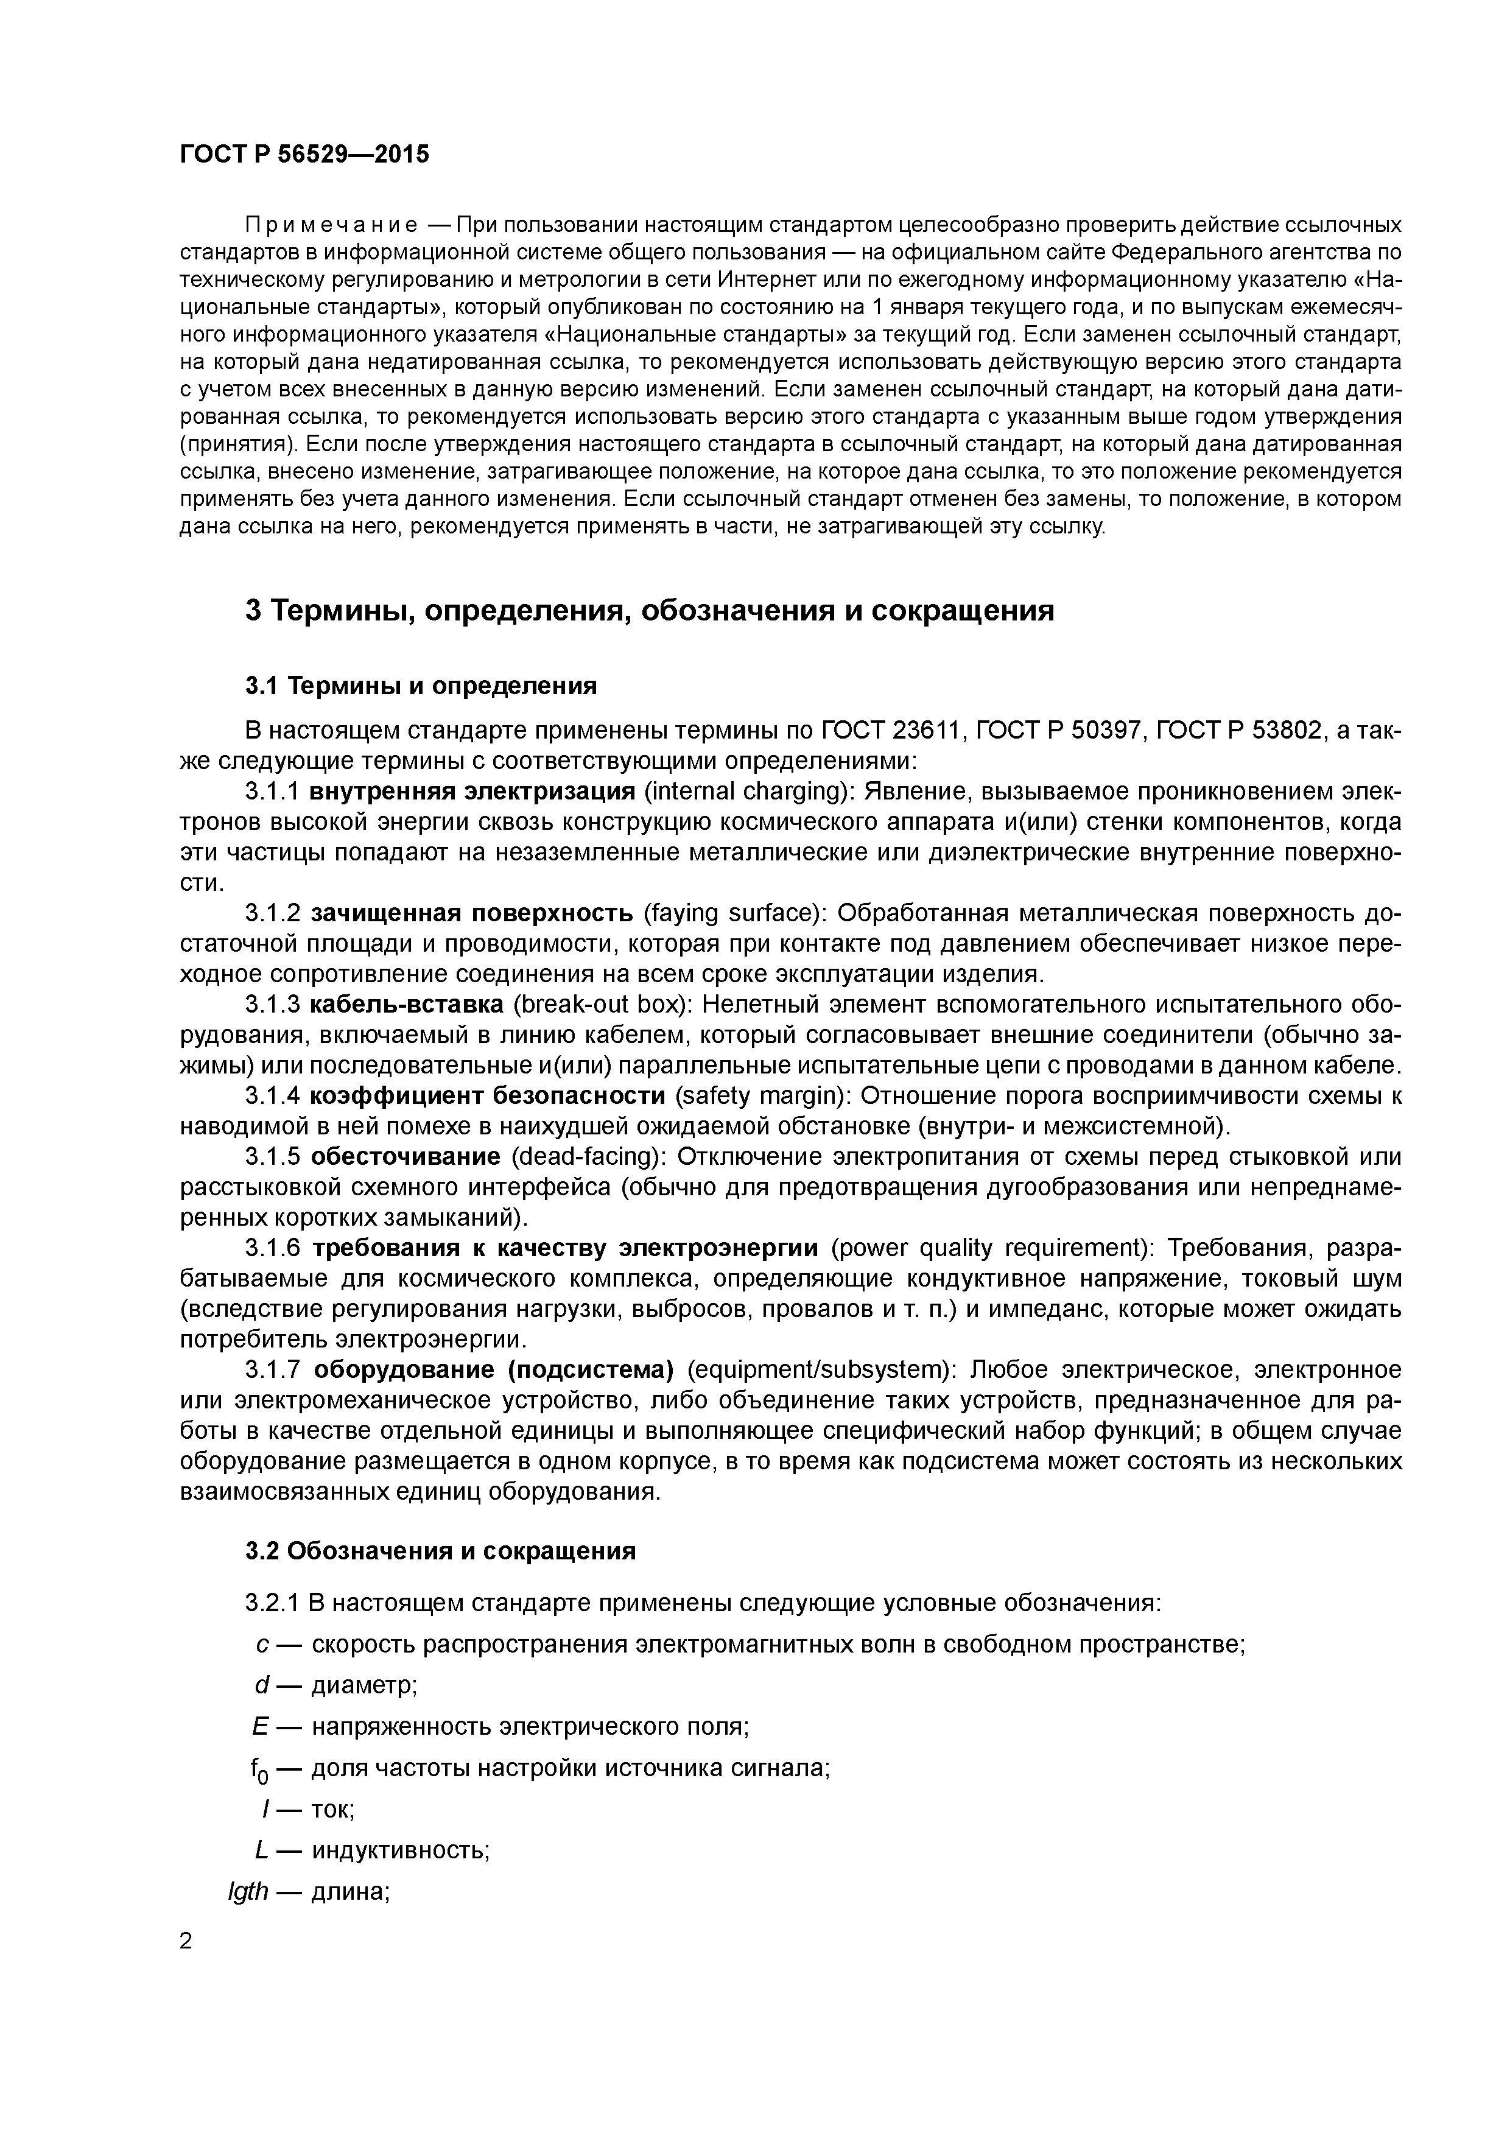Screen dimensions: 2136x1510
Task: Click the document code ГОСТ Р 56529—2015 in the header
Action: pyautogui.click(x=304, y=155)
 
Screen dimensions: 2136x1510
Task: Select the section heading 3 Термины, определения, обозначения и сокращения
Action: pyautogui.click(x=650, y=611)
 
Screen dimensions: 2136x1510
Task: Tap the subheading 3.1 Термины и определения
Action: pyautogui.click(x=421, y=687)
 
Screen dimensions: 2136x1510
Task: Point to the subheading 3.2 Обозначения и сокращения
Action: pyautogui.click(x=440, y=1551)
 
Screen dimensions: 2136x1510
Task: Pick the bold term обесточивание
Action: pyautogui.click(x=406, y=1156)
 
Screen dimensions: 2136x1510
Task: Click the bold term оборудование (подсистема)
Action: pyautogui.click(x=493, y=1369)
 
